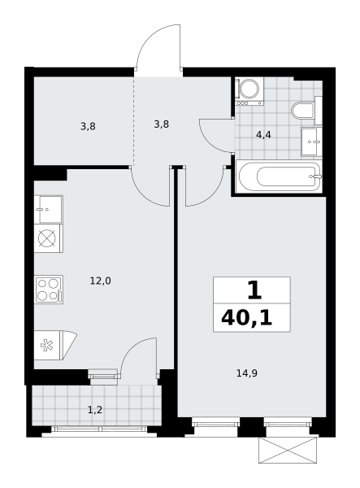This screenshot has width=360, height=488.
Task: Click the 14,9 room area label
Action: click(247, 373)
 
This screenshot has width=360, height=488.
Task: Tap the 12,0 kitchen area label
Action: click(100, 281)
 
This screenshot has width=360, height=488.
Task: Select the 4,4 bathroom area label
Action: click(263, 135)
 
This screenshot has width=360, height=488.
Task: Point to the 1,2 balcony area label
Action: click(95, 410)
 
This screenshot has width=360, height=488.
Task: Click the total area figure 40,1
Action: click(246, 318)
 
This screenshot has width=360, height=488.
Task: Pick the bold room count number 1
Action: click(254, 290)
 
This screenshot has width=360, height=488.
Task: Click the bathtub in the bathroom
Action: click(280, 176)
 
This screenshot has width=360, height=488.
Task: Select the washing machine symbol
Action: click(249, 91)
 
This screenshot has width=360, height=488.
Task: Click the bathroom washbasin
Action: click(311, 142)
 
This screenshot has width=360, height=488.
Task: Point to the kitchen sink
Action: click(49, 209)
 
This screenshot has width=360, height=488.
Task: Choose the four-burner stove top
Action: click(49, 289)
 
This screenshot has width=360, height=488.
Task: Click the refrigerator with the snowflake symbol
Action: click(54, 346)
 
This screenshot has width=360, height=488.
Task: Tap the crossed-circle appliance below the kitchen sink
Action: click(49, 238)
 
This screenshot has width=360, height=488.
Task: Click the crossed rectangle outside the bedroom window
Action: click(288, 450)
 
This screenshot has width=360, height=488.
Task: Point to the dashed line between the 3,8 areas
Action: click(134, 120)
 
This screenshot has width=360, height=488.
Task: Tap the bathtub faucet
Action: click(315, 176)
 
